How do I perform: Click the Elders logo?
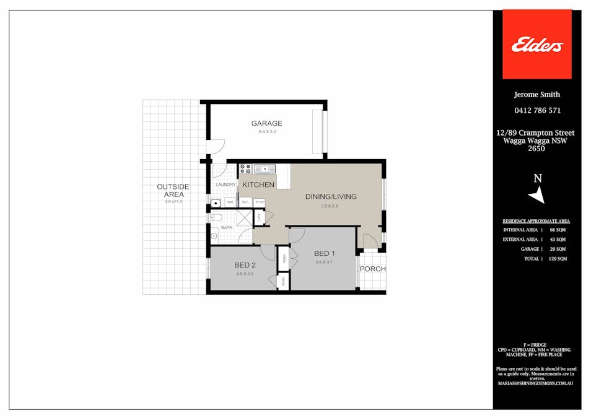536,45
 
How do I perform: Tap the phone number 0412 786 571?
537,111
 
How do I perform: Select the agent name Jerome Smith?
537,95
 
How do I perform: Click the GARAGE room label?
266,123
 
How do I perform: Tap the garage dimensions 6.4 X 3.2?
266,132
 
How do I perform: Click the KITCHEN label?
258,185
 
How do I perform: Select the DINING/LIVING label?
331,197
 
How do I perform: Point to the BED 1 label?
325,253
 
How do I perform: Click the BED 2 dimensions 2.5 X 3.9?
245,274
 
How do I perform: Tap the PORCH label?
372,269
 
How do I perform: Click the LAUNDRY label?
225,185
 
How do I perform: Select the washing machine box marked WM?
230,202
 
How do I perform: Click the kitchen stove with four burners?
245,168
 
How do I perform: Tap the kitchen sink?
265,168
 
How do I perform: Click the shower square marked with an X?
245,218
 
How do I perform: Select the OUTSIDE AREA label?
173,190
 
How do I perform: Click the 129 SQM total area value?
556,259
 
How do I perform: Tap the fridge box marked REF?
245,202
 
